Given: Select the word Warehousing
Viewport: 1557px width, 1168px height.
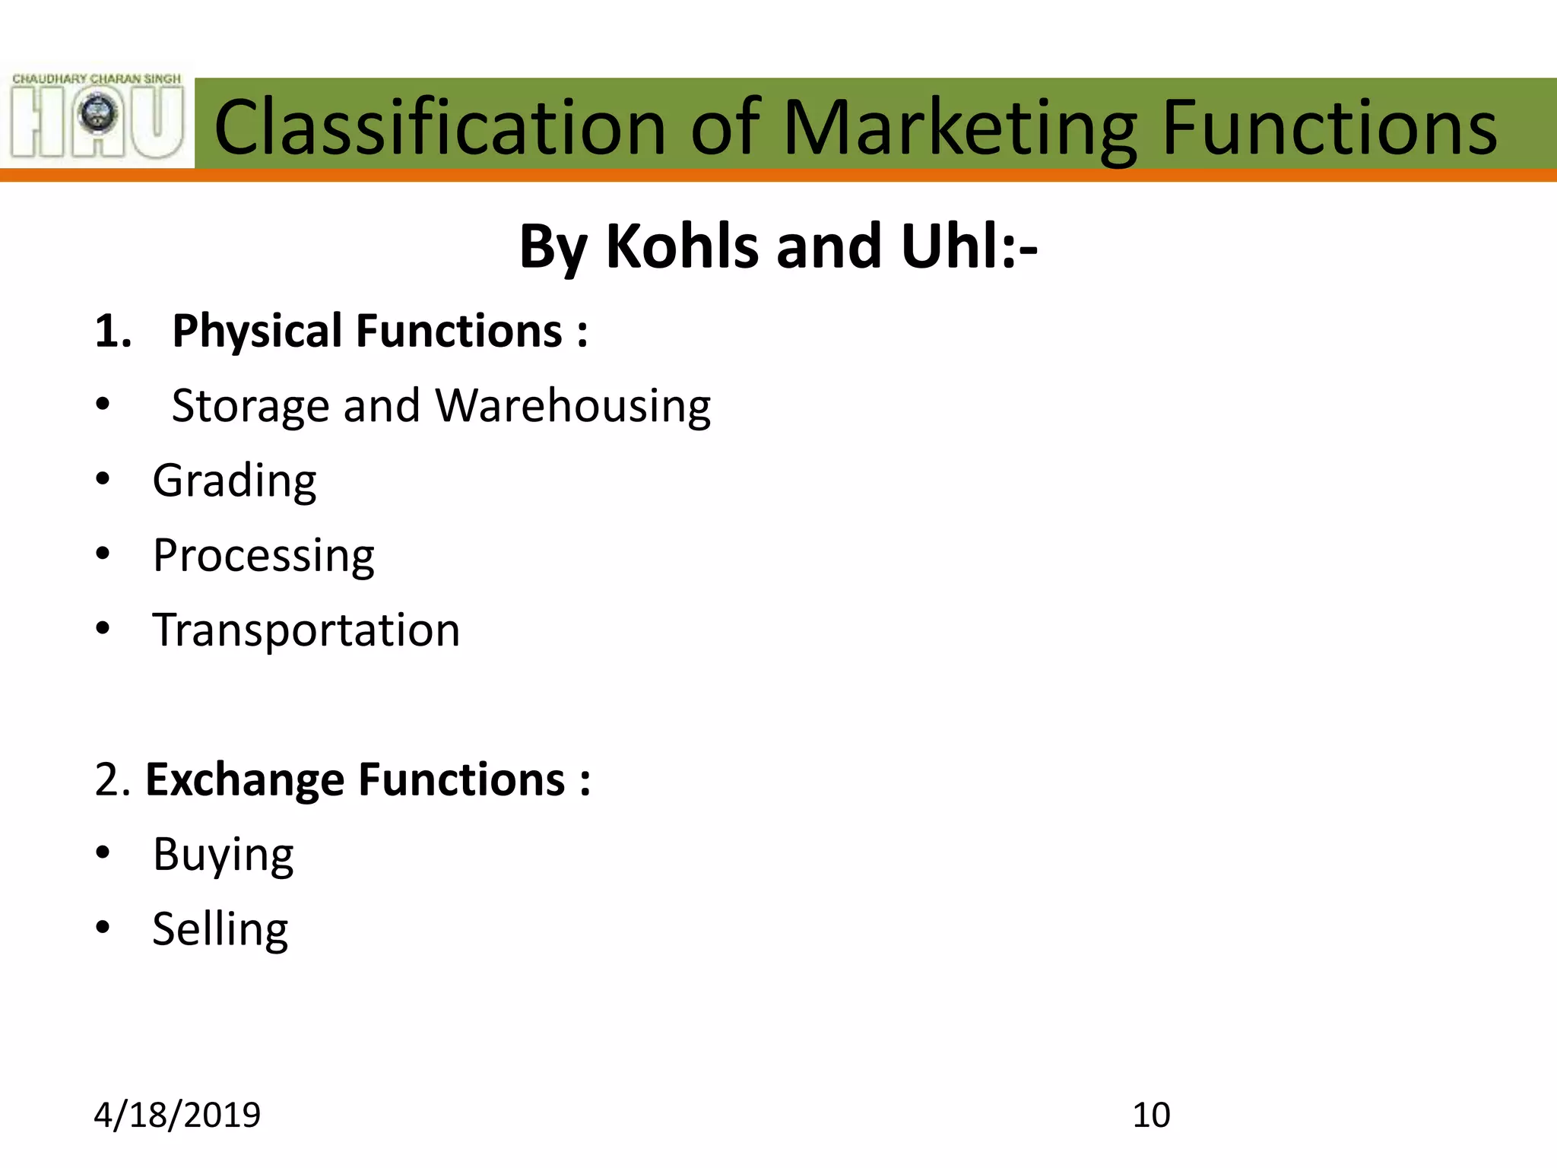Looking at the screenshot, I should click(572, 407).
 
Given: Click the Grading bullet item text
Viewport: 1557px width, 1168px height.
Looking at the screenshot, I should click(234, 481).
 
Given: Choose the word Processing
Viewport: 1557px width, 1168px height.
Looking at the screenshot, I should click(263, 556).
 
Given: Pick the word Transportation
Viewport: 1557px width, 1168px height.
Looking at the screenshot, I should click(306, 630).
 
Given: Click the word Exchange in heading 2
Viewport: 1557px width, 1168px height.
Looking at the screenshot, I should click(245, 780).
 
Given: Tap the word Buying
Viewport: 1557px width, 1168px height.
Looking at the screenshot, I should click(223, 855).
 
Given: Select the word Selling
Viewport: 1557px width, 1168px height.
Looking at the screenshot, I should click(220, 930).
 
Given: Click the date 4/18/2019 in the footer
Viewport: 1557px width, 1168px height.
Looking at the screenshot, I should click(177, 1116).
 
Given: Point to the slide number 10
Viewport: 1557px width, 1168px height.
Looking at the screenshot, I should click(1151, 1116).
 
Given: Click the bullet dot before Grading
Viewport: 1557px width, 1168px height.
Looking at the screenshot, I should click(103, 479).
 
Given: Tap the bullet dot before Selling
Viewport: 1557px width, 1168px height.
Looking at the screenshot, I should click(103, 928).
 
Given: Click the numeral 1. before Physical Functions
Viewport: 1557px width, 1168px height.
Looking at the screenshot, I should click(113, 332).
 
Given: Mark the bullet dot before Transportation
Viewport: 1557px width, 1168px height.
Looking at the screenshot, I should click(103, 629).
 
